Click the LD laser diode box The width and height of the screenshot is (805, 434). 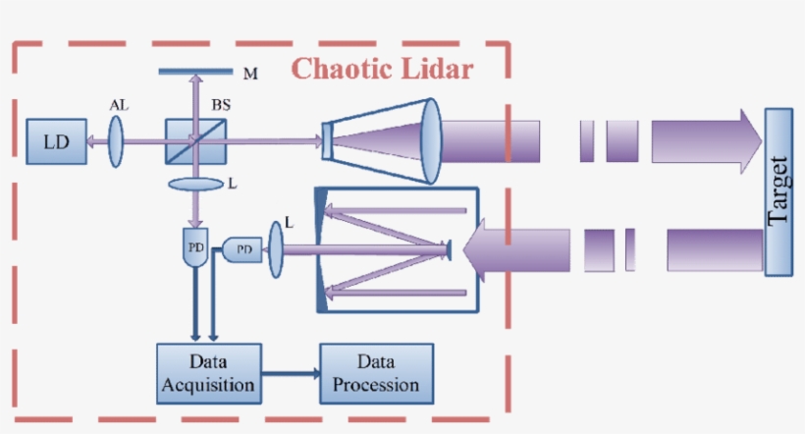[55, 141]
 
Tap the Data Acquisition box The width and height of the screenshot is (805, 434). [209, 373]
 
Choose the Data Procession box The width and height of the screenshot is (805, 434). [376, 373]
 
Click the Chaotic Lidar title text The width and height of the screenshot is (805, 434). [383, 70]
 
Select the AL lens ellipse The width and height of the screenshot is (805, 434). [117, 142]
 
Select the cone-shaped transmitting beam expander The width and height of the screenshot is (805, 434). [383, 140]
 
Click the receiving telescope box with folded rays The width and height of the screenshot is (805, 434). [394, 247]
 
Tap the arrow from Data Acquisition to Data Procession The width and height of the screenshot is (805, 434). [291, 374]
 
